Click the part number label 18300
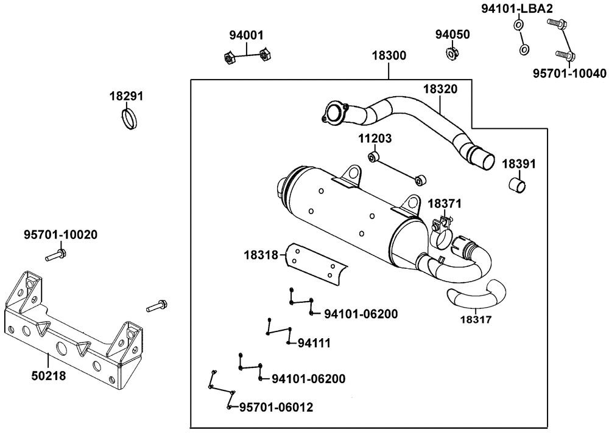click(x=389, y=55)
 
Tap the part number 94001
click(x=246, y=35)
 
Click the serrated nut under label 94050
click(x=451, y=52)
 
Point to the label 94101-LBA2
click(x=517, y=9)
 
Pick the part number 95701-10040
click(x=569, y=74)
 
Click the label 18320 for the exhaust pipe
click(x=440, y=89)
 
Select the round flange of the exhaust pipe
click(x=334, y=113)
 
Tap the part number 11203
click(x=375, y=139)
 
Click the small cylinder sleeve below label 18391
click(x=517, y=185)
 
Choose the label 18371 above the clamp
click(x=445, y=203)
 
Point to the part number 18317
click(x=476, y=320)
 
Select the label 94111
click(x=314, y=343)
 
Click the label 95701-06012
click(x=276, y=407)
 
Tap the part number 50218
click(x=49, y=376)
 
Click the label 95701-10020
click(x=60, y=235)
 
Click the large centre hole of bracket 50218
click(x=62, y=348)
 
